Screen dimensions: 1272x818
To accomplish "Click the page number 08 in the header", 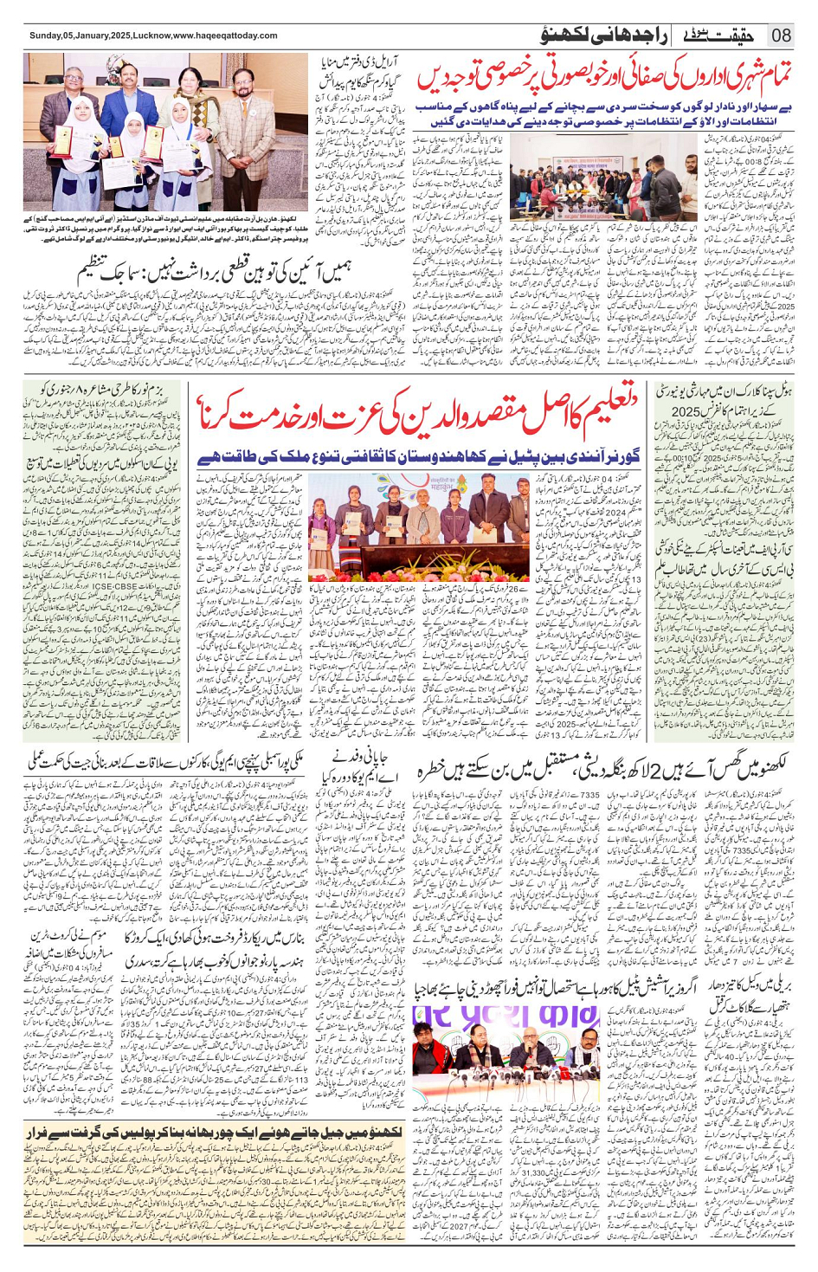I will click(781, 36).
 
